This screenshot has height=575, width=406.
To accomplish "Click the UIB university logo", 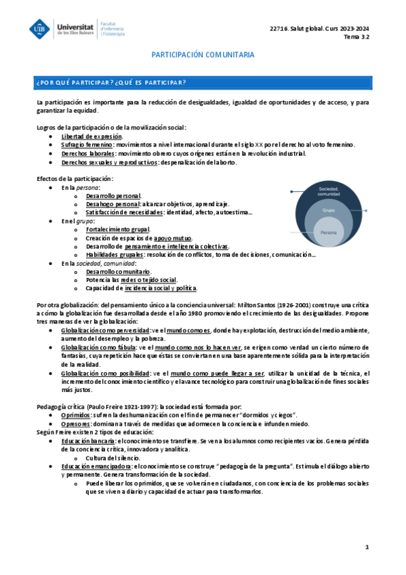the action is [40, 29].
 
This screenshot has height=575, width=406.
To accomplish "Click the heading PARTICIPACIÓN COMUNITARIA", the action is [203, 54].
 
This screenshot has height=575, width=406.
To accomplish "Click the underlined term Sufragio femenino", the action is [87, 144].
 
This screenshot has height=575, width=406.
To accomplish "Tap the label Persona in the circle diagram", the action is [329, 233].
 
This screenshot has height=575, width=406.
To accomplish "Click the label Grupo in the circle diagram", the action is [329, 211].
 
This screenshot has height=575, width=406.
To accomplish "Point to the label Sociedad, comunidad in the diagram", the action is [329, 192].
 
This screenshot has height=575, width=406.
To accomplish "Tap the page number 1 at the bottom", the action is [366, 547].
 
